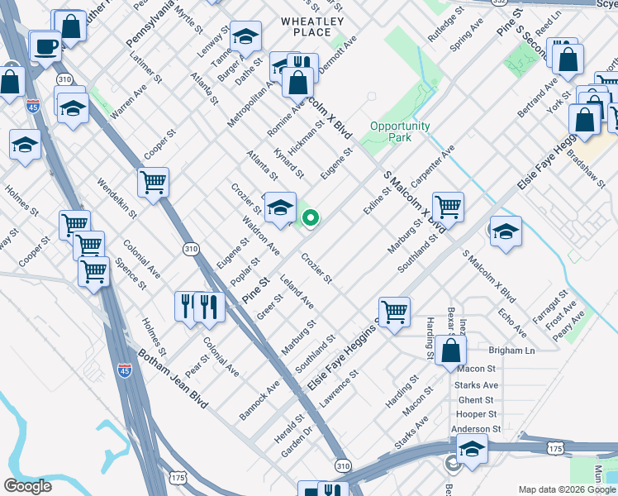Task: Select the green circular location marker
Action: [311, 218]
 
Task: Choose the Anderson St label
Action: [476, 429]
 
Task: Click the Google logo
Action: [27, 486]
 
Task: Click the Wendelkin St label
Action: [117, 197]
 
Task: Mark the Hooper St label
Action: [477, 414]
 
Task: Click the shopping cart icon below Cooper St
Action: [153, 182]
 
